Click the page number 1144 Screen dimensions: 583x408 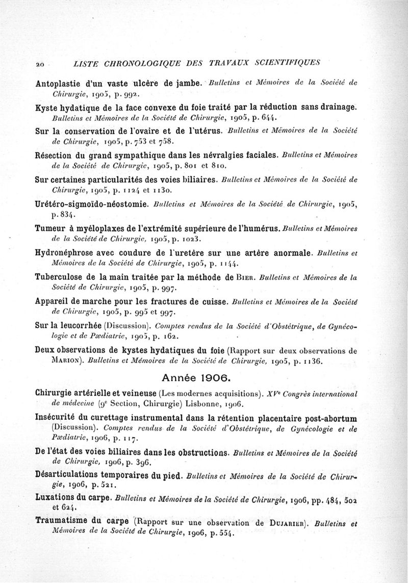[x=226, y=263]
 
